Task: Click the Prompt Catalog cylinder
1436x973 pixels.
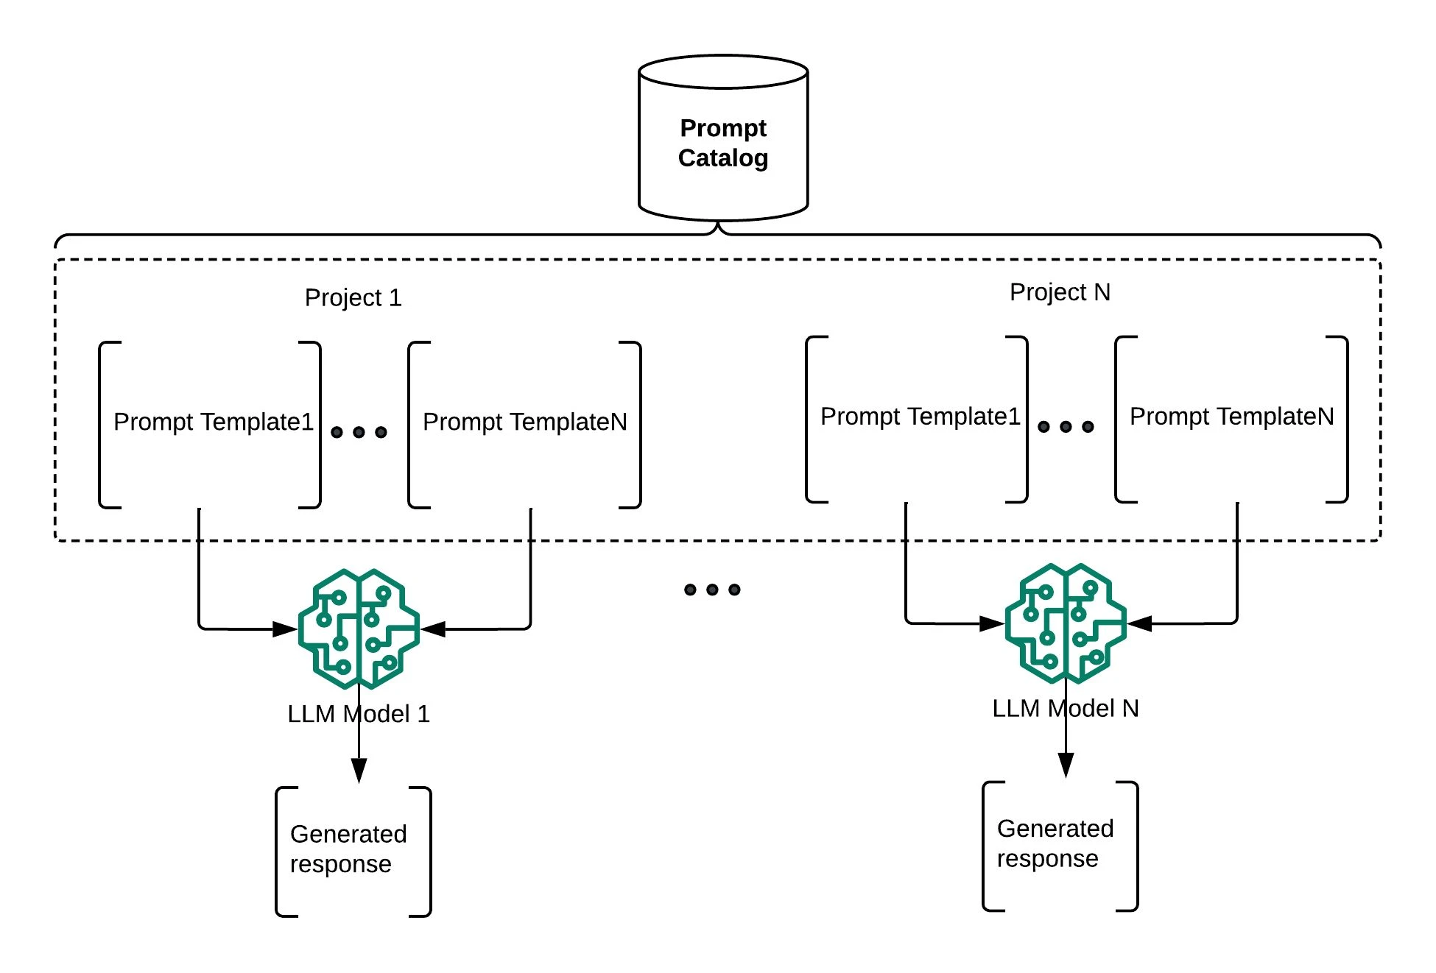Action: coord(722,140)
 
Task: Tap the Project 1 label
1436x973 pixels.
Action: coord(353,297)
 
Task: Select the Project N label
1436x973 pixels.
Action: coord(1060,292)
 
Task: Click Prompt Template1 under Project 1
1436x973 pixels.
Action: coord(213,422)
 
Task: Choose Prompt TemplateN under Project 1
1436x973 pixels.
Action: coord(524,422)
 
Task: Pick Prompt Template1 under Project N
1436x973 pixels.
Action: coord(920,417)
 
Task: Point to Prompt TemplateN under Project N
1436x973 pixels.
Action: coord(1231,417)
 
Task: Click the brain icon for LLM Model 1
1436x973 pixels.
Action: coord(359,629)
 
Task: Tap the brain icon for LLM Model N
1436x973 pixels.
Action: coord(1066,623)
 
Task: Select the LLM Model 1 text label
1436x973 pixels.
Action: coord(359,714)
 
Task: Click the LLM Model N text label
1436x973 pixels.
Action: coord(1066,708)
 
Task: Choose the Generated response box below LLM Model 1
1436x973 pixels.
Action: coord(353,852)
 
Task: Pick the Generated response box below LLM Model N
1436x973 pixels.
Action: coord(1060,846)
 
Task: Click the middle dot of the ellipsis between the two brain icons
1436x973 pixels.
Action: coord(712,590)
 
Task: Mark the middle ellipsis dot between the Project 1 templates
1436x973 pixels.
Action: coord(359,432)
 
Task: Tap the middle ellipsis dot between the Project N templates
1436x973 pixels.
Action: coord(1066,426)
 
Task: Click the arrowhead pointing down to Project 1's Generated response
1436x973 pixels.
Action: coord(359,770)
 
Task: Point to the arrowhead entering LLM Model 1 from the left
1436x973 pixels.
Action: coord(285,629)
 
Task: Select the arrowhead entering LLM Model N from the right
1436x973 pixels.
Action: coord(1140,624)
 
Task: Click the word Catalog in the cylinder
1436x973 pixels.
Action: coord(722,158)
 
